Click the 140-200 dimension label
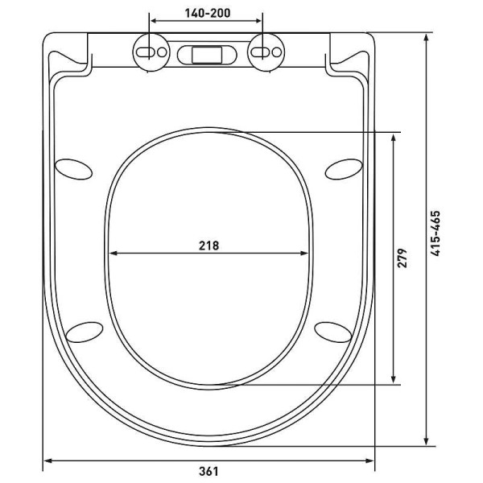pos(208,13)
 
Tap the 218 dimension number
pos(208,246)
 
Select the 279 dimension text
pos(402,258)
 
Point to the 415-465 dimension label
pos(436,233)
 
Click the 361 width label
pos(208,471)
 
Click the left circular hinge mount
pos(151,52)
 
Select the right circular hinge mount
pos(266,52)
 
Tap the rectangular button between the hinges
pos(207,55)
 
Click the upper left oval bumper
pos(73,169)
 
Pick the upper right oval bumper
pos(344,169)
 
